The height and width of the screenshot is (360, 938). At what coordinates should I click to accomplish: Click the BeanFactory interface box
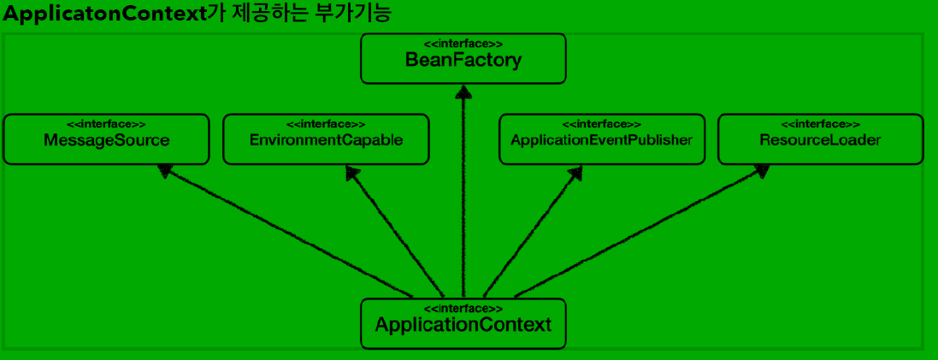coord(463,60)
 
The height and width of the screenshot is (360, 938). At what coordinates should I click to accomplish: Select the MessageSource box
coord(106,139)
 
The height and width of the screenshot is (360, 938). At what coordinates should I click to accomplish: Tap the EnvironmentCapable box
coord(326,139)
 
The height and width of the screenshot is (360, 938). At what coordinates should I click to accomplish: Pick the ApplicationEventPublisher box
coord(601,139)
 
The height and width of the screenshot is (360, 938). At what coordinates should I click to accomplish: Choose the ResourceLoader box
coord(820,139)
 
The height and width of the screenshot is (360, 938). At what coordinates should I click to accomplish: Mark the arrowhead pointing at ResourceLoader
coord(759,171)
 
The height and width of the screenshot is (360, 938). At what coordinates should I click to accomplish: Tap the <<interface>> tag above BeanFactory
coord(463,44)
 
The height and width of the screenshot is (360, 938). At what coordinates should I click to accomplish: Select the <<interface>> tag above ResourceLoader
coord(820,124)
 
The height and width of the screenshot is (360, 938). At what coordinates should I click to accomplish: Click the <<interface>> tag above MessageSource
coord(106,124)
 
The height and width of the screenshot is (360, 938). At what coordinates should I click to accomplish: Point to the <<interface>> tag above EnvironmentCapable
coord(326,124)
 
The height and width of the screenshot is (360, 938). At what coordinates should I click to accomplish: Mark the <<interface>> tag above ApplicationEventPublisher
coord(601,124)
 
